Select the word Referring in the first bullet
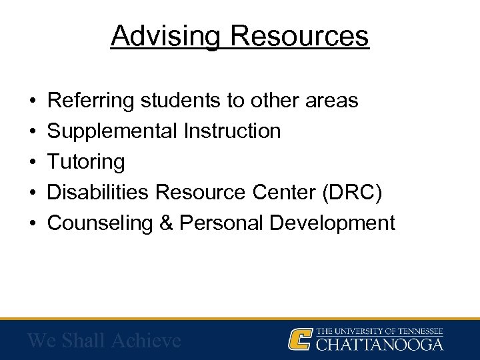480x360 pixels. coord(91,101)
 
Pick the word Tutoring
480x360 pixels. coord(86,162)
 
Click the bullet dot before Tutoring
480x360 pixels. coord(33,162)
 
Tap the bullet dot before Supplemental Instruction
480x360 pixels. coord(33,131)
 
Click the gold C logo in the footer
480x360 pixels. coord(301,339)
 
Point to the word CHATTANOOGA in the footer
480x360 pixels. coord(379,344)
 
